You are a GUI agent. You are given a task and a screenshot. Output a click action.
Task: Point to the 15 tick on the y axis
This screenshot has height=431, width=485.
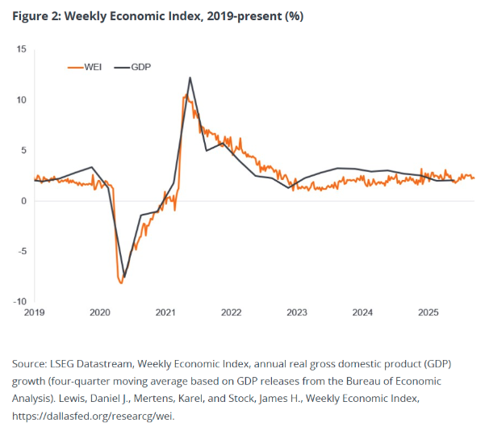[x=21, y=50]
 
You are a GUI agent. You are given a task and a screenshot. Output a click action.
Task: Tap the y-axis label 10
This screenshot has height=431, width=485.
[x=21, y=100]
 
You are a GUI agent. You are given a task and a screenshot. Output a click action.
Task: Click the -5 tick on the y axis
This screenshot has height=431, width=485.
[x=22, y=251]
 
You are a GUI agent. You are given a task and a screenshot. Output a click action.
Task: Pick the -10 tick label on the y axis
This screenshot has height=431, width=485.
[x=20, y=301]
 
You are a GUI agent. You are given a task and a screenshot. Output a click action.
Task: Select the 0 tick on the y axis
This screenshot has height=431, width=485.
[x=23, y=201]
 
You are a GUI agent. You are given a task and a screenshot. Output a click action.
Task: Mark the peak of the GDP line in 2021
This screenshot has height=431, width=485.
[x=190, y=77]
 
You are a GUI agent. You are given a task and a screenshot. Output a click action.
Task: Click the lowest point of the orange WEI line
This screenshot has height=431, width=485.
[x=121, y=282]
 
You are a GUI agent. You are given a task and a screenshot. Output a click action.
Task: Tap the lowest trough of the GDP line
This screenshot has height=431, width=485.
[x=124, y=277]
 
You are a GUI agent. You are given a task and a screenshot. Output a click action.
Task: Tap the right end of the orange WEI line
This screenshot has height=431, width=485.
[x=474, y=178]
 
